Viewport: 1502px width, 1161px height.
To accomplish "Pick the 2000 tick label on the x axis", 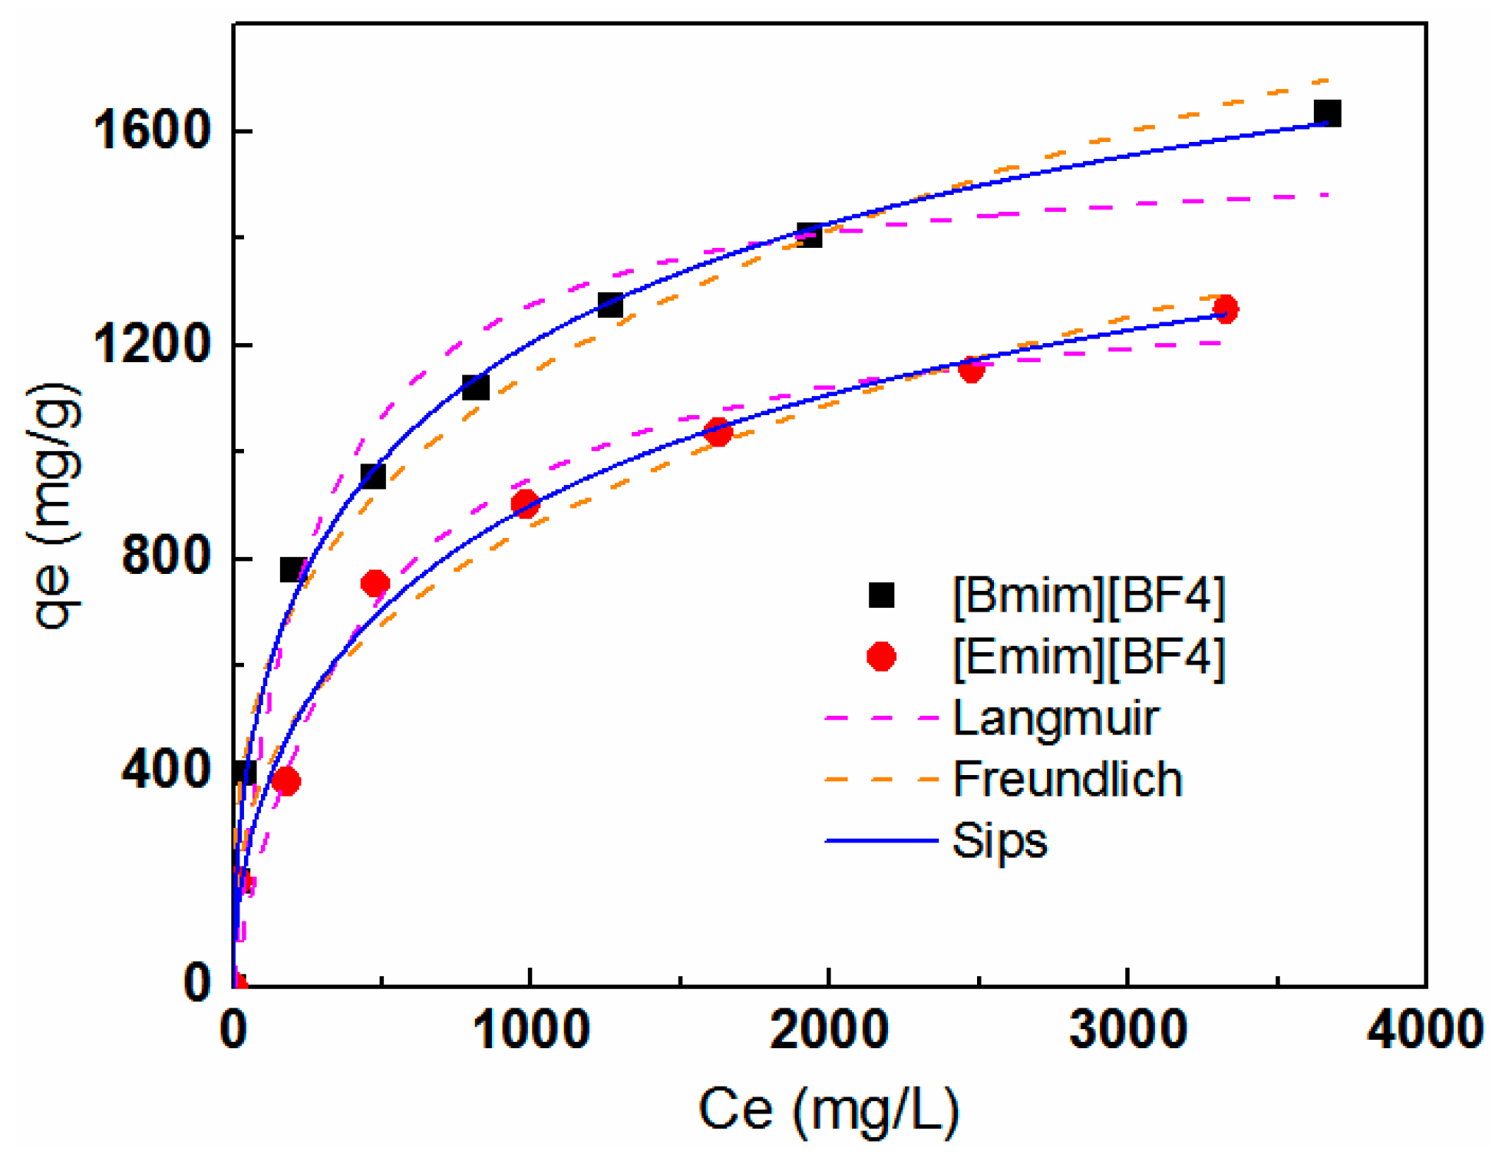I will tap(830, 1030).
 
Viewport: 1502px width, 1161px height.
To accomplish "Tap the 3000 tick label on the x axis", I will tap(1128, 1030).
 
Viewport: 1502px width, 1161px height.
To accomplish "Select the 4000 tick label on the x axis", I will tap(1424, 1030).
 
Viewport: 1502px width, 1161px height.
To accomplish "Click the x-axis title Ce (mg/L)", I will tap(829, 1110).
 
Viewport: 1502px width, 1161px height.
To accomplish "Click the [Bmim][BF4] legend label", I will tap(1088, 595).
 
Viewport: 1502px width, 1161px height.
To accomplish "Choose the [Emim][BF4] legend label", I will tap(1088, 657).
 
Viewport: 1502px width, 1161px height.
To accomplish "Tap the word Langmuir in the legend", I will tap(1055, 719).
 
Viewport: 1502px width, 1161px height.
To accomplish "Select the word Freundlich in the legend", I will tap(1067, 780).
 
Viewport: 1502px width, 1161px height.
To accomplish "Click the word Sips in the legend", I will tap(999, 841).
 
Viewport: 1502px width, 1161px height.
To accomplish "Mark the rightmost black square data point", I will tap(1327, 114).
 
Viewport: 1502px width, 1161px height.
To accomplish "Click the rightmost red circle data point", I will tap(1225, 309).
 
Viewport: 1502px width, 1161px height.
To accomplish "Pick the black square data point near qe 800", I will tap(292, 570).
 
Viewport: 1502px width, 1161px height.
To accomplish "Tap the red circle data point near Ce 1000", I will tap(525, 504).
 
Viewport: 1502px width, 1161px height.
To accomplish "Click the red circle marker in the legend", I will tap(881, 657).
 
